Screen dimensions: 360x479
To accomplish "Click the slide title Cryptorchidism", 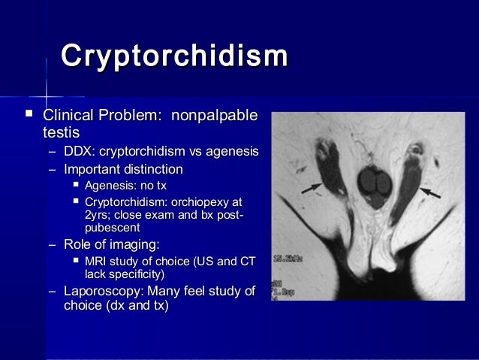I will pos(174,56).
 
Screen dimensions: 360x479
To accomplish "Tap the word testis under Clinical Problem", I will pos(61,133).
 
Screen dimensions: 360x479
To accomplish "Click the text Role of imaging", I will pos(111,244).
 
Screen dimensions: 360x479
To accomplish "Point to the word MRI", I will pos(97,261).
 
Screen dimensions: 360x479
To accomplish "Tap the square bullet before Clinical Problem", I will pos(29,115).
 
